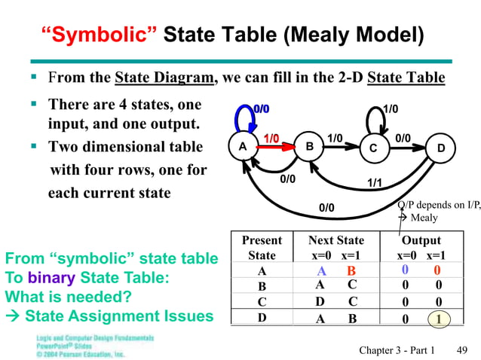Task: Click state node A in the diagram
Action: (x=242, y=148)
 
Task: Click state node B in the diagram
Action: (x=308, y=148)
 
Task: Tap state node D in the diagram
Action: (x=440, y=148)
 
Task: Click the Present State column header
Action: (x=262, y=248)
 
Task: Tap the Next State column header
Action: (x=335, y=248)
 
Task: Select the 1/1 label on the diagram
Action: (x=374, y=183)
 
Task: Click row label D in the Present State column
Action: (x=262, y=318)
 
